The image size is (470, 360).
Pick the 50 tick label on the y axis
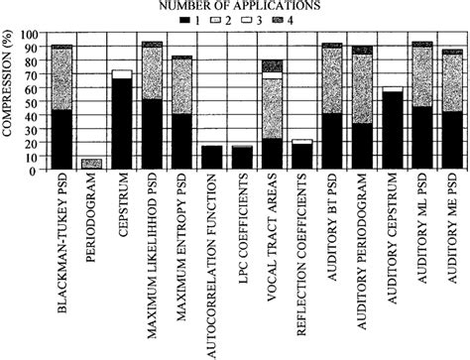(x=29, y=101)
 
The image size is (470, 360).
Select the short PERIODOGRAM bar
(x=91, y=165)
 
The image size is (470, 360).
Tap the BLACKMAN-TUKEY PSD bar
(x=61, y=109)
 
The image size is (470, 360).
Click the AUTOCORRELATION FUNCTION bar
(x=212, y=159)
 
